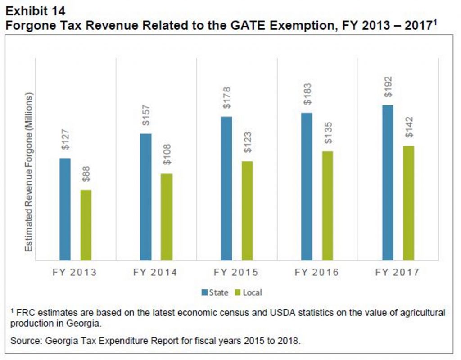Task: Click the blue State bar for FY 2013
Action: (65, 209)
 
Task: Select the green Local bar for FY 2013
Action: (86, 225)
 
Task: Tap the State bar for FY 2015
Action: (226, 188)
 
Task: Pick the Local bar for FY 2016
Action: (328, 205)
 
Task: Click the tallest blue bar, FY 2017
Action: (388, 182)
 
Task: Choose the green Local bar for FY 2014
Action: (167, 217)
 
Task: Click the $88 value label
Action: (86, 174)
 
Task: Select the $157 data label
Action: (146, 117)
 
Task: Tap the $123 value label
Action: (247, 142)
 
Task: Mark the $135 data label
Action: (328, 133)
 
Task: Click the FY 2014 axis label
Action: (155, 273)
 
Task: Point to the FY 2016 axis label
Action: (316, 273)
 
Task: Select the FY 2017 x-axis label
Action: (397, 273)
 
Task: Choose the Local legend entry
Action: (249, 292)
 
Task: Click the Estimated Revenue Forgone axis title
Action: (29, 173)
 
